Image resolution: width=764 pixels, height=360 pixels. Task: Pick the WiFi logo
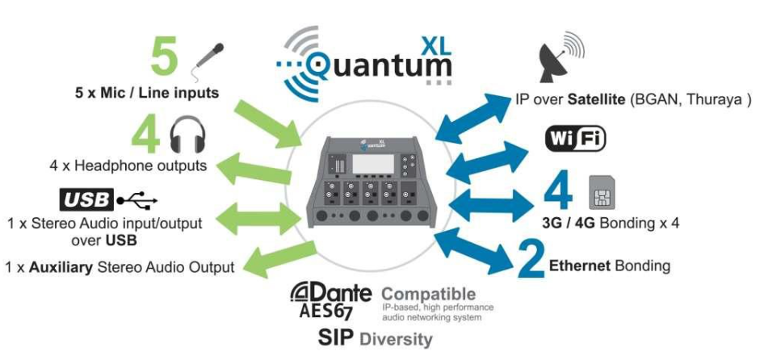(576, 140)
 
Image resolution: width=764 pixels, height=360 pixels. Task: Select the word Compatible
(428, 294)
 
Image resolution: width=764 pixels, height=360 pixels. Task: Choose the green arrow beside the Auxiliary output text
(271, 260)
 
